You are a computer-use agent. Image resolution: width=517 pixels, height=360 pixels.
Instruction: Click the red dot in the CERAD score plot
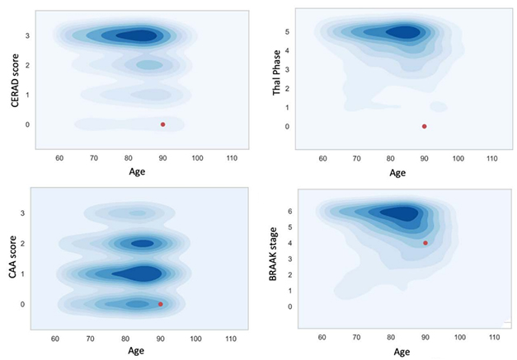click(162, 124)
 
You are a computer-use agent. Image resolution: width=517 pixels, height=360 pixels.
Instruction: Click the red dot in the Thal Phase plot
click(424, 126)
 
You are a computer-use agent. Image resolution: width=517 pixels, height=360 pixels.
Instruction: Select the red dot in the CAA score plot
click(160, 304)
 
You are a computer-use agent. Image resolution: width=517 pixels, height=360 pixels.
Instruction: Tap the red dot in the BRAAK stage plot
click(425, 243)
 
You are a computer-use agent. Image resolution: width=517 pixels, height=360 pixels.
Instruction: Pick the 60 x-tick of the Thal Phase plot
click(322, 157)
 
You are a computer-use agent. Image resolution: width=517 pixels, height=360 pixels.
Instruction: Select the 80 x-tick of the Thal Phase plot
click(390, 157)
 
